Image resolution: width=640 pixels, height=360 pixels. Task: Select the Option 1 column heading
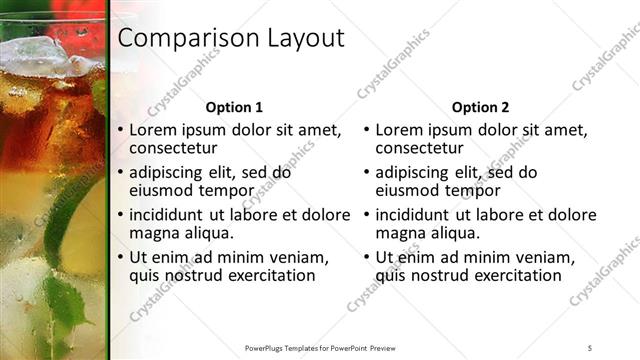tap(234, 107)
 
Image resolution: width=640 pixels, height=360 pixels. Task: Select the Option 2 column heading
tap(480, 107)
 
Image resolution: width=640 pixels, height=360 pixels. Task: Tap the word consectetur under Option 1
tap(174, 149)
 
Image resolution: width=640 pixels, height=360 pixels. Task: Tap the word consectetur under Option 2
tap(420, 149)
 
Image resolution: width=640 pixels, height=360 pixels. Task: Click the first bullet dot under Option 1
tap(121, 131)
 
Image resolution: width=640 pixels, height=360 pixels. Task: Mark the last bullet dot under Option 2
tap(367, 257)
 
